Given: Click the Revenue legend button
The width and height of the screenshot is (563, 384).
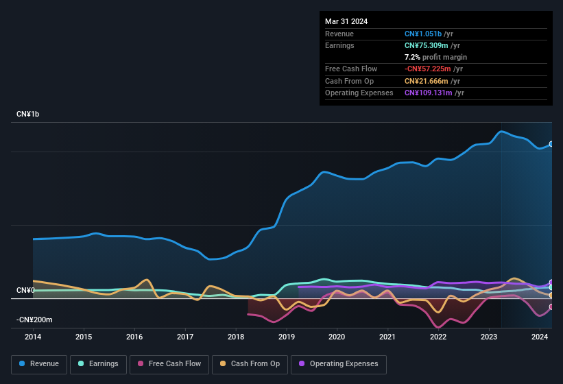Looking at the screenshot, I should pos(39,363).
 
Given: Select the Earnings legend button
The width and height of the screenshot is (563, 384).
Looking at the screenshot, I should pos(98,363).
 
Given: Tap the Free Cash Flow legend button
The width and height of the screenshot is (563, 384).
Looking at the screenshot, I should pos(169,363).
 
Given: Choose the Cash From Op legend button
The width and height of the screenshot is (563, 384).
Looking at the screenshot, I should pos(250,363).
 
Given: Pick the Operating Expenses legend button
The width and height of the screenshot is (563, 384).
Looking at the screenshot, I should pos(338,363).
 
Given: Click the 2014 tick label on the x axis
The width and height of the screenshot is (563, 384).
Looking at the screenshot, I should pos(33,337).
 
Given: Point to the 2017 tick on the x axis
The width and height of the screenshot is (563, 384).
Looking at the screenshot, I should pos(185,337).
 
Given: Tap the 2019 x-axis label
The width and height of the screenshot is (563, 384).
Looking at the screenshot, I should pos(287,337).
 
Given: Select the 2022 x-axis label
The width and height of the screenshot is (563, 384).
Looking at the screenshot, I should pos(438,337).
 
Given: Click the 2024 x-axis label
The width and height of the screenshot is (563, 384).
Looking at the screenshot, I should pos(540,337).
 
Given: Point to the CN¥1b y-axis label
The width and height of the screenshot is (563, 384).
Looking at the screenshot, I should pos(28,114).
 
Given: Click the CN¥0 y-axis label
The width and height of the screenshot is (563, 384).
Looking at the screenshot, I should pos(25,291).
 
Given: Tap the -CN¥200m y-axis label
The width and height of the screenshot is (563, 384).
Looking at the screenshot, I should pos(35,320).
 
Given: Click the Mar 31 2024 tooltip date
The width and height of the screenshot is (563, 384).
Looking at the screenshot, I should pos(346,21).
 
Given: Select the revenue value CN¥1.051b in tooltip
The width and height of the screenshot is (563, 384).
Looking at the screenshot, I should pos(423,34).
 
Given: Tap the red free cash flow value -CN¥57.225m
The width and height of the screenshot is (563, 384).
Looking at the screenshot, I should pos(429,69).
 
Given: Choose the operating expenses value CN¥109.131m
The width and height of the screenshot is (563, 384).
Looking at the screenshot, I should pos(429,93).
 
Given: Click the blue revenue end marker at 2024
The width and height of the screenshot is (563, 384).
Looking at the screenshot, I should pos(551,144).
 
